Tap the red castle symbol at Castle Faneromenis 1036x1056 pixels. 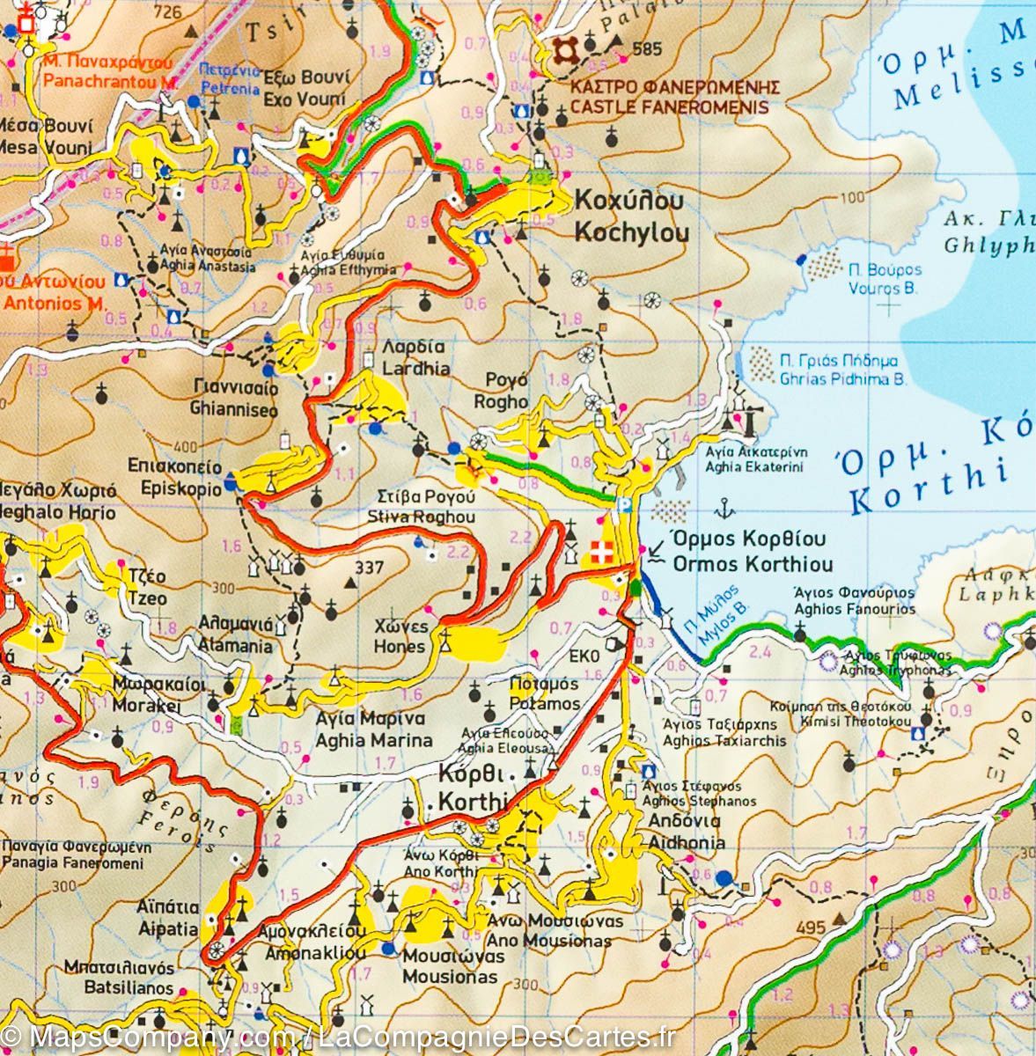point(563,53)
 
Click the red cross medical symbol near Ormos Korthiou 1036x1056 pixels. point(601,554)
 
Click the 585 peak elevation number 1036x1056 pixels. point(647,49)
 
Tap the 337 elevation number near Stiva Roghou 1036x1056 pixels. point(369,568)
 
